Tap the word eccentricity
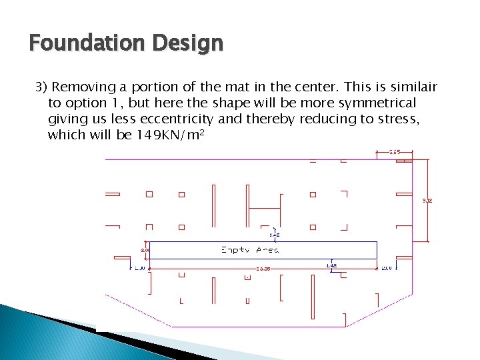175,119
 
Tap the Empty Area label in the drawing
250,250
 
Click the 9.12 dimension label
428,200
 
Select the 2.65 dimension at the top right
395,152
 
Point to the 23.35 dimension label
263,269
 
